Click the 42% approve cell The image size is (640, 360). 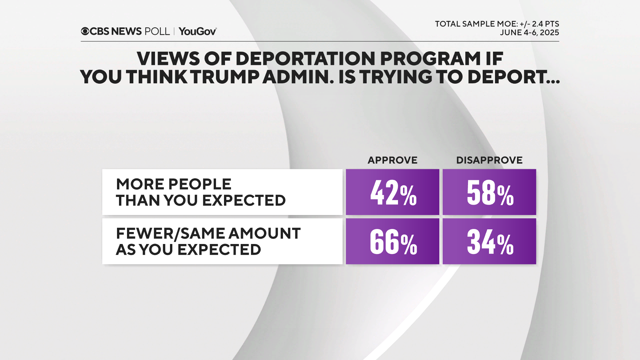(392, 192)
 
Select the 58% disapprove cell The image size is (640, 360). (489, 192)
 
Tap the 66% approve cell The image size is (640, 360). (392, 241)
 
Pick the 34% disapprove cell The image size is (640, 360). (489, 241)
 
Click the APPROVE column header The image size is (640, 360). (392, 160)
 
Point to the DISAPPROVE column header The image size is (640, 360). (489, 160)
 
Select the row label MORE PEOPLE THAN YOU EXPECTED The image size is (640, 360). (201, 192)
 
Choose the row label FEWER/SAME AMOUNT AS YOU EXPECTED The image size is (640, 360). (208, 241)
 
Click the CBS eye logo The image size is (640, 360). (85, 31)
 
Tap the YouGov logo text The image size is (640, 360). (197, 31)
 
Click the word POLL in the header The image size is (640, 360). (157, 31)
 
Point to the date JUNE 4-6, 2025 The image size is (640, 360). (529, 33)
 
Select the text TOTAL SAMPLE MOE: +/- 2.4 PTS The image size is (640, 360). (497, 24)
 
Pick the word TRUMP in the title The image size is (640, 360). (226, 77)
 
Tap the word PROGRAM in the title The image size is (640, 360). (430, 59)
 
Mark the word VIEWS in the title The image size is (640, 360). (168, 59)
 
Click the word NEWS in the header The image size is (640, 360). (126, 31)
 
